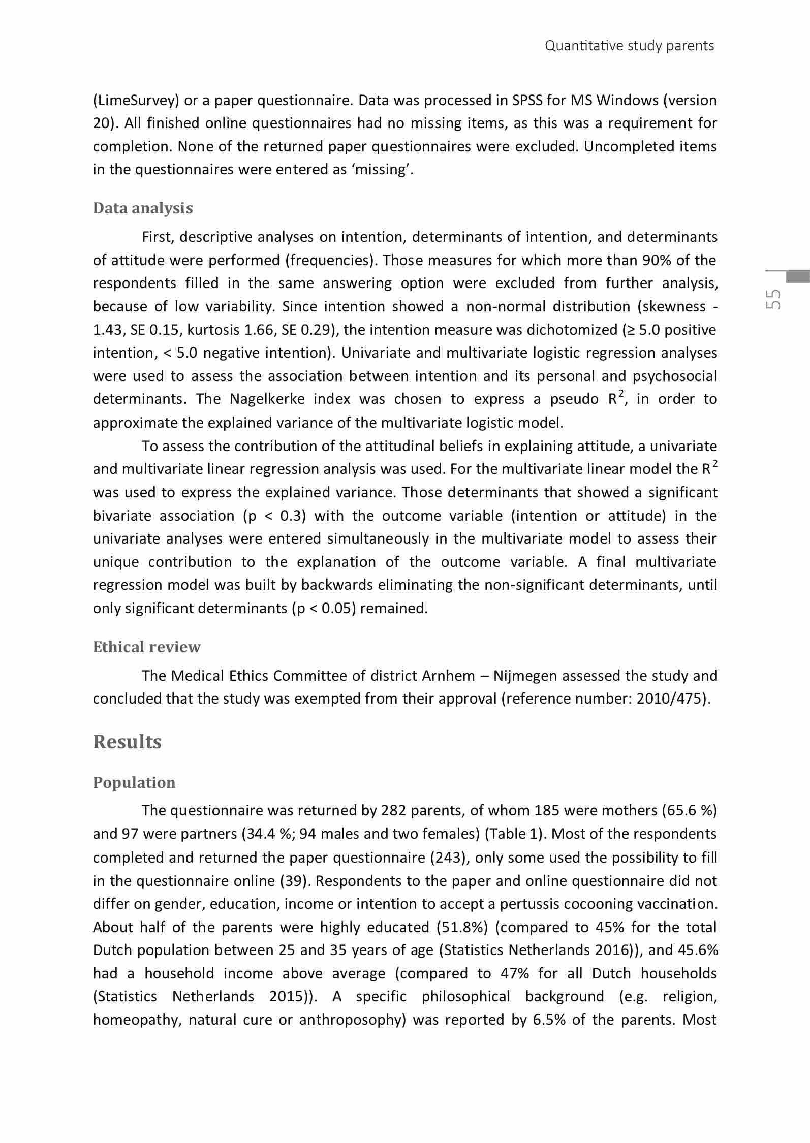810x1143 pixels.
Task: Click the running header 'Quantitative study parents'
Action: tap(629, 46)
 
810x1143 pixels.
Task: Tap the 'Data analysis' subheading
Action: tap(143, 208)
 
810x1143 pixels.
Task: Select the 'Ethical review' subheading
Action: tap(146, 647)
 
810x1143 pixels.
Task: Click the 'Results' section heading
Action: tap(127, 742)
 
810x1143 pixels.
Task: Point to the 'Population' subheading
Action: tap(134, 782)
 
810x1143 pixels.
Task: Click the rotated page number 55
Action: tap(774, 300)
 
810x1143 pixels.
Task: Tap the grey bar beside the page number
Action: tap(797, 276)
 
